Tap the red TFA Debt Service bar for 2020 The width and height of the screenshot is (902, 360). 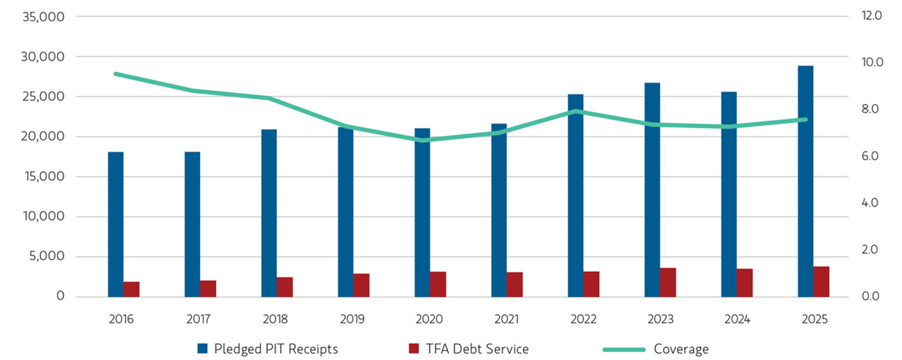(438, 284)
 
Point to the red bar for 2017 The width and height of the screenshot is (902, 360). (208, 289)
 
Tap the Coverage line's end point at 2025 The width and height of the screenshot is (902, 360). (805, 119)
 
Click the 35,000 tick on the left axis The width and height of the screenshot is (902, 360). (44, 17)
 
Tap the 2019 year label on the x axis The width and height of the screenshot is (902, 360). (352, 319)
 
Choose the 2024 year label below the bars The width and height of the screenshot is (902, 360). (737, 319)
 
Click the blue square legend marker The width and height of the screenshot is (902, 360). (202, 349)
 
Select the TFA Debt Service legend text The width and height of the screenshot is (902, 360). (477, 349)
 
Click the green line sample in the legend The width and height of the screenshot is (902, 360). (624, 349)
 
